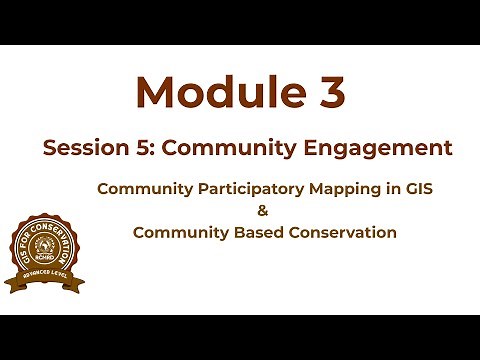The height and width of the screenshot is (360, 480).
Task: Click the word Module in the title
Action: pos(209,92)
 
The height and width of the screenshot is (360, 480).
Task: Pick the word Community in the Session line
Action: pos(223,149)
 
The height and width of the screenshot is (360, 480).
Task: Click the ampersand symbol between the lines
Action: pos(264,210)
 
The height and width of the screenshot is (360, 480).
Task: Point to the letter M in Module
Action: pos(156,92)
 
